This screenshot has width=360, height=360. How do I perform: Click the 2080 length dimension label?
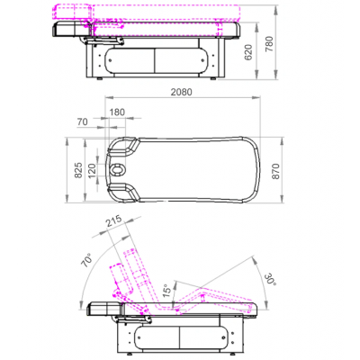tap(181, 92)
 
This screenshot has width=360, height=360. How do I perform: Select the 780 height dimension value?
tap(270, 44)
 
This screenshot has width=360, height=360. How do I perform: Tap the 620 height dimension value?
tap(248, 52)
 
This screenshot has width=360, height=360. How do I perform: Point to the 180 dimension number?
tap(117, 112)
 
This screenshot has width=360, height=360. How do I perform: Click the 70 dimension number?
tap(83, 121)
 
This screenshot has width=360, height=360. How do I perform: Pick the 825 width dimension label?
tap(78, 170)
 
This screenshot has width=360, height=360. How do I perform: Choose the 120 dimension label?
tap(92, 170)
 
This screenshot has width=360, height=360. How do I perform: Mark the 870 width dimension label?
tap(275, 171)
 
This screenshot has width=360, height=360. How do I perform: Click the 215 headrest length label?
tap(113, 221)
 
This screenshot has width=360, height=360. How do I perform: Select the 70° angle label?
tap(86, 260)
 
